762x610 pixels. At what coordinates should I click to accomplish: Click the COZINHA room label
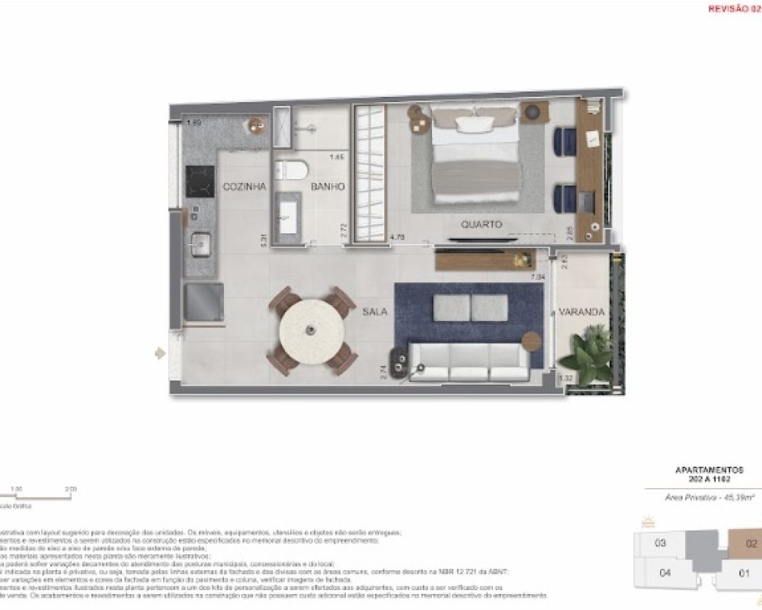[244, 187]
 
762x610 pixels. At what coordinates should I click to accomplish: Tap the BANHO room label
[328, 187]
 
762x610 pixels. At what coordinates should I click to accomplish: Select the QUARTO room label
[482, 225]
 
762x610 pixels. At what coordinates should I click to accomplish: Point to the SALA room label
[375, 312]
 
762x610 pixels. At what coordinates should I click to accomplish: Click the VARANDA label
[581, 313]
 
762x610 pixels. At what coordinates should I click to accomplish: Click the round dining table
[312, 330]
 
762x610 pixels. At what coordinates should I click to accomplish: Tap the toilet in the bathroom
[291, 169]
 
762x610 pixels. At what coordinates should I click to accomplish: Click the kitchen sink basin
[201, 245]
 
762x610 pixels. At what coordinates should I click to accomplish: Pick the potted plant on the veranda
[588, 352]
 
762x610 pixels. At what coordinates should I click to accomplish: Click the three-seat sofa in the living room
[469, 362]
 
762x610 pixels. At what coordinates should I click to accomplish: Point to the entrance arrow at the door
[159, 353]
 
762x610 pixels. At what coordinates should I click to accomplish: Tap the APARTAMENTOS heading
[709, 470]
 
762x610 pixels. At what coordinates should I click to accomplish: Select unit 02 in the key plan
[751, 544]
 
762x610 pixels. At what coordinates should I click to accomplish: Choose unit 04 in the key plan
[665, 573]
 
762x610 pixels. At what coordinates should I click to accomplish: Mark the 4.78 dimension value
[397, 238]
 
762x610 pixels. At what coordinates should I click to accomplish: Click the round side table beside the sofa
[532, 341]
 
